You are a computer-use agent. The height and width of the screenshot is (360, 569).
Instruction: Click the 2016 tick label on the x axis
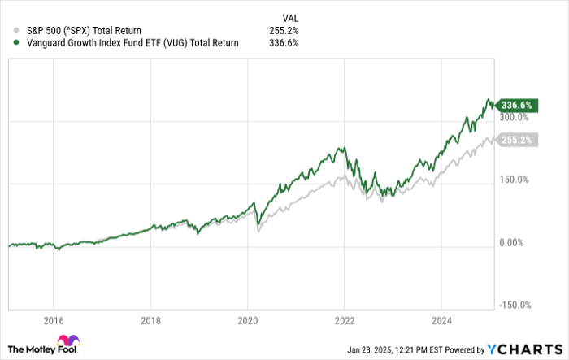[x=54, y=319]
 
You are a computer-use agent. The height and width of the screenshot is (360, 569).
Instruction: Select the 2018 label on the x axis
[x=150, y=319]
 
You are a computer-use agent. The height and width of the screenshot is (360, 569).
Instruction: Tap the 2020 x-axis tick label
[x=247, y=319]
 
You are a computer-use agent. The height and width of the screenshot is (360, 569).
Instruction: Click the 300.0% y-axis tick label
[x=514, y=117]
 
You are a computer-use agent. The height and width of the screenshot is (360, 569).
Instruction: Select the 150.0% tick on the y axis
[x=514, y=180]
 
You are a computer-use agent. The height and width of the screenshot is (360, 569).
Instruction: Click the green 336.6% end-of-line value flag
[x=515, y=104]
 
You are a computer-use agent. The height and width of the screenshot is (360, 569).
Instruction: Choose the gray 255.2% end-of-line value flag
[x=515, y=139]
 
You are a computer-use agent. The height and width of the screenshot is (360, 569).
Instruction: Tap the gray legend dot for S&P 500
[x=9, y=31]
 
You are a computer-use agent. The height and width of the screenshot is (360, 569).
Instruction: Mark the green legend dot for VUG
[x=9, y=43]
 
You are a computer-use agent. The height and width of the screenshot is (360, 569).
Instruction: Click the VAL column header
[x=289, y=16]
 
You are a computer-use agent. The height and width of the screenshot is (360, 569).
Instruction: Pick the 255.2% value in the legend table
[x=284, y=31]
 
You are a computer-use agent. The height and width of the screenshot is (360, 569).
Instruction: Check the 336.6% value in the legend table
[x=284, y=43]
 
